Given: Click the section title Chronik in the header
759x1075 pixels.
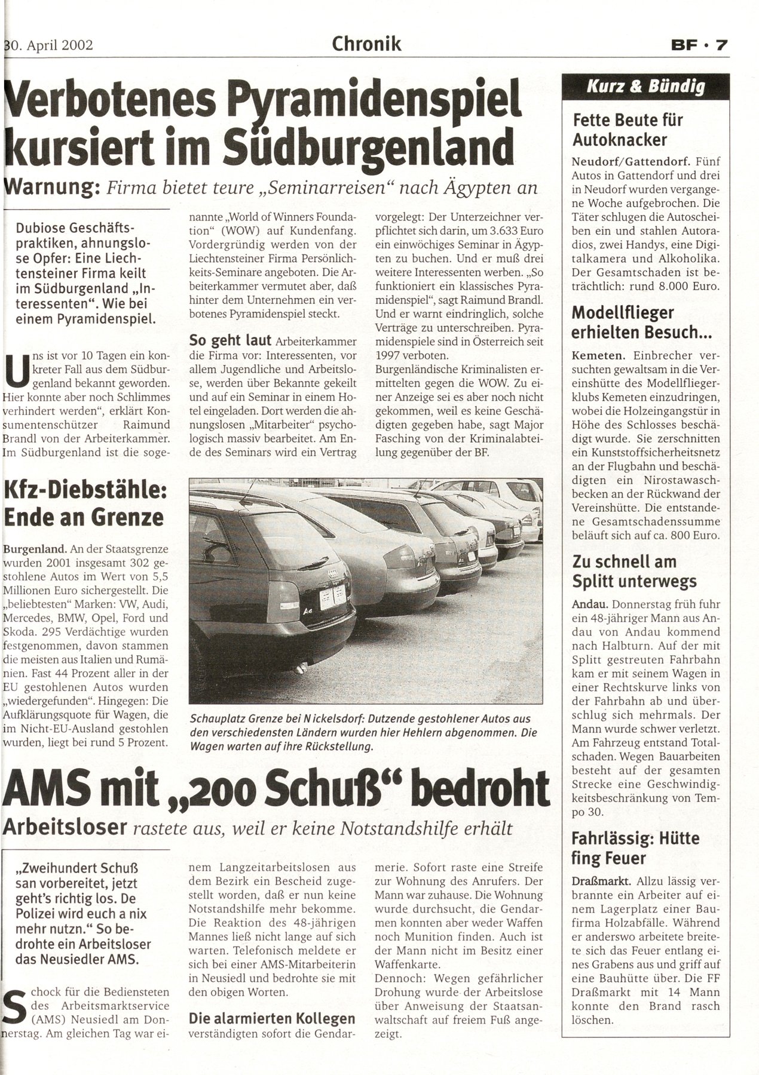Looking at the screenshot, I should point(366,44).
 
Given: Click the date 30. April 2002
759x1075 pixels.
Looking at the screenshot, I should point(49,45).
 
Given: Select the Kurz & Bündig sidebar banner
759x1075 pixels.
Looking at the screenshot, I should point(645,87).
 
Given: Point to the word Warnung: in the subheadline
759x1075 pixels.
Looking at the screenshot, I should point(50,188).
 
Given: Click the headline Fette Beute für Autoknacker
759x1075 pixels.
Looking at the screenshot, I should point(628,130).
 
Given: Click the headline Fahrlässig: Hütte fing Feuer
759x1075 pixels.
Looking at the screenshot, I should point(635,848).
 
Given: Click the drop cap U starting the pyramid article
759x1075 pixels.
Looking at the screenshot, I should point(14,369).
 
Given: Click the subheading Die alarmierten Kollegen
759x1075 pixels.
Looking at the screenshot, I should point(272,1018).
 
